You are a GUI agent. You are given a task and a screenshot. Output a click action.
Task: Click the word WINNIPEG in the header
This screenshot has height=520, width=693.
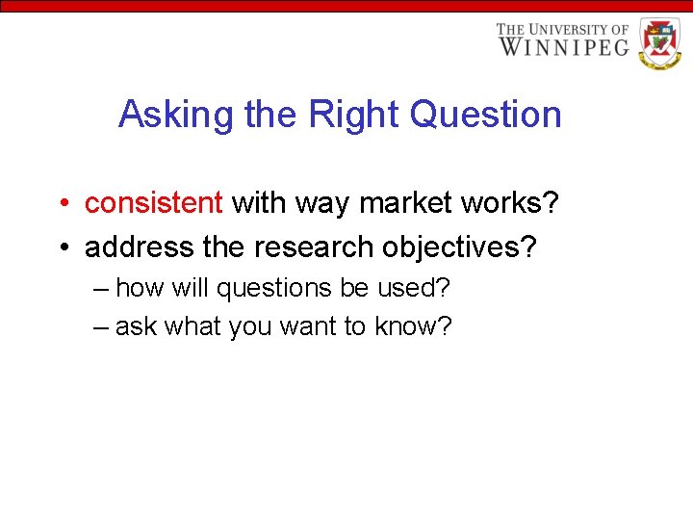pos(564,46)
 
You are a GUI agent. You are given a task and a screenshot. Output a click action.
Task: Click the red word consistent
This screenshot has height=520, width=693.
pos(154,203)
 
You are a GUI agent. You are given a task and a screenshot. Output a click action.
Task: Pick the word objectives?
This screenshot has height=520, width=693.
pos(459,247)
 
